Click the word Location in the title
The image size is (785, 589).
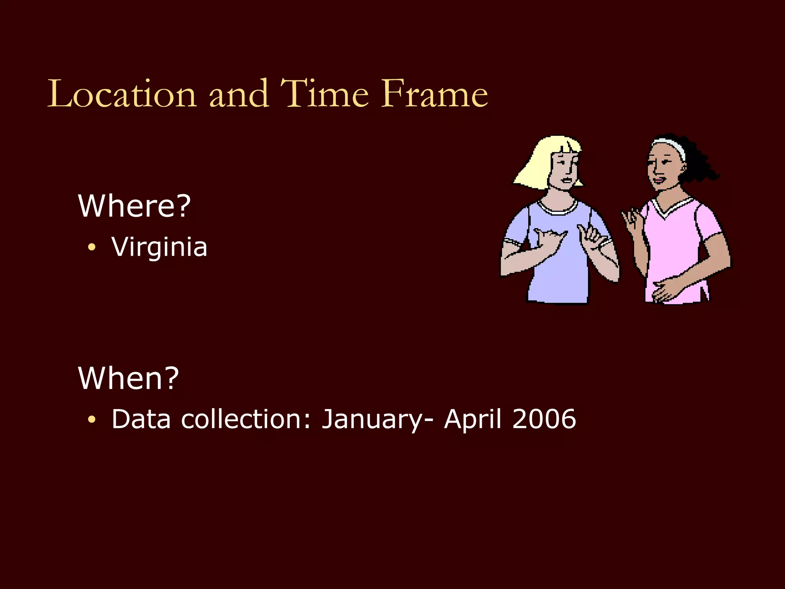coord(122,94)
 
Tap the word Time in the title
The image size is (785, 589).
coord(324,94)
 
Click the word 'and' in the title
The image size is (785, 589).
coord(238,94)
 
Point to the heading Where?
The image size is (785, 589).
coord(134,206)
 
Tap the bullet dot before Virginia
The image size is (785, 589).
coord(91,247)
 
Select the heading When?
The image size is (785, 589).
coord(128,378)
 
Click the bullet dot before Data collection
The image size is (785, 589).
coord(91,420)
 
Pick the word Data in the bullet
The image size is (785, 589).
coord(141,419)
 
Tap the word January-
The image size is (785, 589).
coord(378,420)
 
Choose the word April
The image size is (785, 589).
coord(472,420)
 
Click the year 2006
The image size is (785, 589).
coord(544,419)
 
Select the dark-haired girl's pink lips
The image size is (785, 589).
coord(659,179)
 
